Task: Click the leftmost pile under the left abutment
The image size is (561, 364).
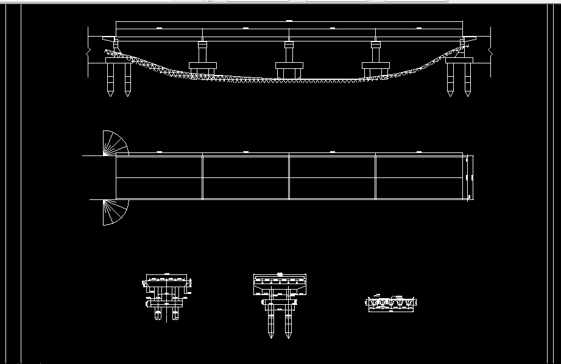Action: point(110,79)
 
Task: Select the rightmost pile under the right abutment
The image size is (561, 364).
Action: point(468,79)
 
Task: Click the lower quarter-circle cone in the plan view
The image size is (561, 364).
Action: point(115,212)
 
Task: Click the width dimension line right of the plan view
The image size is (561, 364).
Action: point(468,177)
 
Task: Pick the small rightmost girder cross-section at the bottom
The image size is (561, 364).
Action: point(391,302)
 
